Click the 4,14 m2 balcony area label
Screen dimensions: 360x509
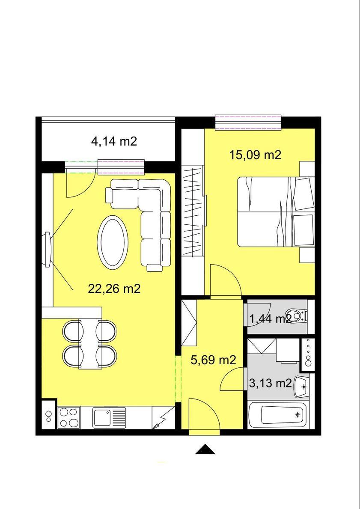113,142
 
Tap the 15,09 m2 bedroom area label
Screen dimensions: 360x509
255,155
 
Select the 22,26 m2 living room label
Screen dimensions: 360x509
114,288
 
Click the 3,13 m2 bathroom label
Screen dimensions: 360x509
270,383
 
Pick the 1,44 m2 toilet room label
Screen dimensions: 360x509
270,319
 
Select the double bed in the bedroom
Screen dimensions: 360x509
276,211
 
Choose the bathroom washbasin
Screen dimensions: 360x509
301,387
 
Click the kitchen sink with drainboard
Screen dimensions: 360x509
110,418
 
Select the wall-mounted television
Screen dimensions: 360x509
48,250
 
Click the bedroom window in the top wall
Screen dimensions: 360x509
248,122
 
